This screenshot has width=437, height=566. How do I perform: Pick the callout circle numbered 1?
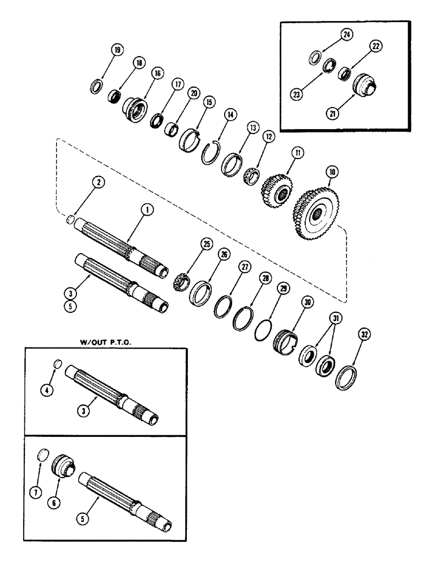(x=146, y=209)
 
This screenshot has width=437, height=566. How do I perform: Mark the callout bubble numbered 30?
(x=307, y=303)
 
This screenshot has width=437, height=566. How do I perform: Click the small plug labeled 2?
(x=71, y=219)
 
